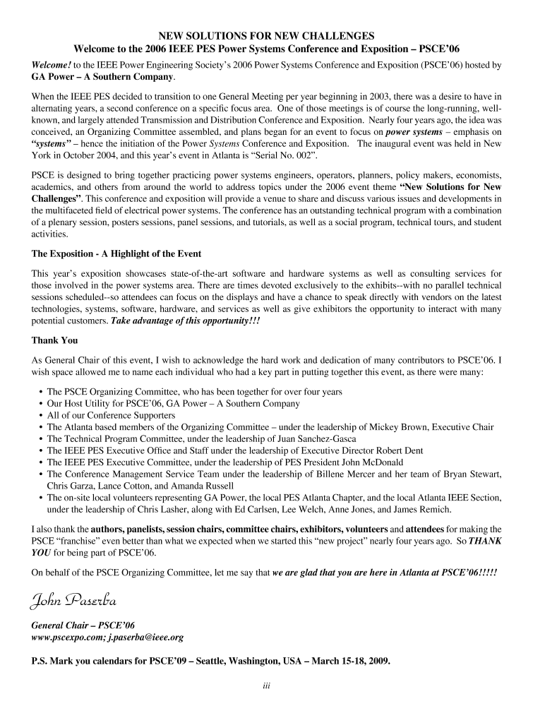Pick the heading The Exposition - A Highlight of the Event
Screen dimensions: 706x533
tap(116, 253)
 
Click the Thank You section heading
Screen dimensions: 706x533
tap(54, 340)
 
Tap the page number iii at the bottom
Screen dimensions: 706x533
tap(266, 685)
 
